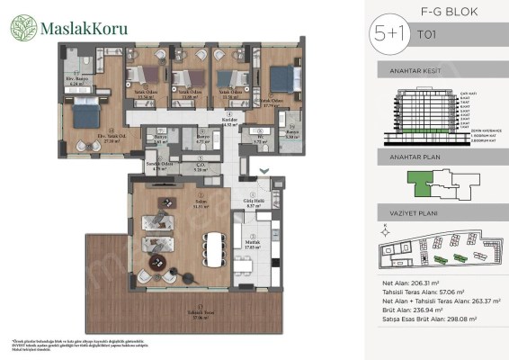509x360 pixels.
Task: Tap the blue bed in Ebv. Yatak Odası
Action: pyautogui.click(x=85, y=114)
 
